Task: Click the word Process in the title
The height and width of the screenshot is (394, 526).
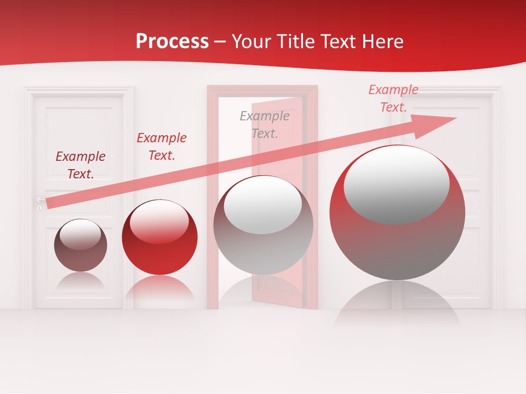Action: [172, 41]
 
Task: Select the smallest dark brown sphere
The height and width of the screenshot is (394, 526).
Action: [81, 245]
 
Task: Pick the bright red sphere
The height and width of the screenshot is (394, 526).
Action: [159, 237]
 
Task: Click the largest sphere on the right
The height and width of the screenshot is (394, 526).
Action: [397, 212]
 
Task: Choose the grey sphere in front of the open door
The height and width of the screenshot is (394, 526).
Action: [263, 225]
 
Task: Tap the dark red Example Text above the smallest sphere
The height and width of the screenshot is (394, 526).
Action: [81, 165]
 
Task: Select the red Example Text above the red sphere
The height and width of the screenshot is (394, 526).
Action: [162, 146]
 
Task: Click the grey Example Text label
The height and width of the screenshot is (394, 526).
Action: [265, 124]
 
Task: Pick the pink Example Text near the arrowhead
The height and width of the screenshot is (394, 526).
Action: [393, 98]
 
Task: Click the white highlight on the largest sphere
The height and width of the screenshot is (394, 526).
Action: [396, 184]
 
